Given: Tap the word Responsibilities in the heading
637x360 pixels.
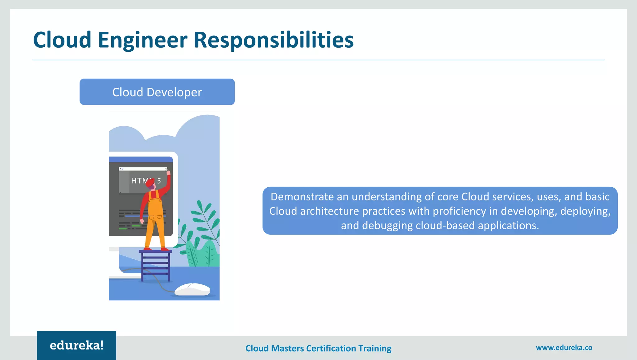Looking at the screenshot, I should point(274,40).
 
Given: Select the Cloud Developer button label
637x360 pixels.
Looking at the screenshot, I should point(157,92).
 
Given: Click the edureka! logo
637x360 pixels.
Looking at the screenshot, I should point(77,345).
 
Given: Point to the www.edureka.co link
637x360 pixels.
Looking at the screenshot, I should point(564,348).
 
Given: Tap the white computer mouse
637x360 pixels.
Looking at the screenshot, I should point(193,289).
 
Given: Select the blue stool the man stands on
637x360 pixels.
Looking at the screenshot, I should point(156,264).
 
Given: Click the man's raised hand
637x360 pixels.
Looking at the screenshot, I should point(168,172).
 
